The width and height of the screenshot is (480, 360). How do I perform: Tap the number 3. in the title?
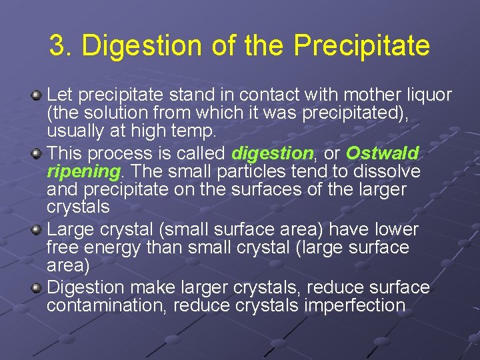pos(61,46)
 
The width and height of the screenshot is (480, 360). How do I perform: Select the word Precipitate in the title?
pos(362,46)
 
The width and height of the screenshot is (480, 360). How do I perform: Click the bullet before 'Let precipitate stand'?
pos(38,96)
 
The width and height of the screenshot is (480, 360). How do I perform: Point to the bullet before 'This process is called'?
pos(38,153)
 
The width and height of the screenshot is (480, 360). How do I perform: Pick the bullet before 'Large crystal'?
pos(38,230)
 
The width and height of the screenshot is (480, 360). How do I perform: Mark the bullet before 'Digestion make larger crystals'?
pos(38,288)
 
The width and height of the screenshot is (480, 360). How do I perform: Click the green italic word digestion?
pos(272,153)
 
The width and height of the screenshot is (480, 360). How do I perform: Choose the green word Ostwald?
pos(383,153)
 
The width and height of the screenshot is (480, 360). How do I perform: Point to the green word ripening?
pos(83,172)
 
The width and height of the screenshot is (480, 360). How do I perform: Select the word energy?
pos(110,248)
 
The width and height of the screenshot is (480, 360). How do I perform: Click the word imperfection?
pos(355,306)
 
